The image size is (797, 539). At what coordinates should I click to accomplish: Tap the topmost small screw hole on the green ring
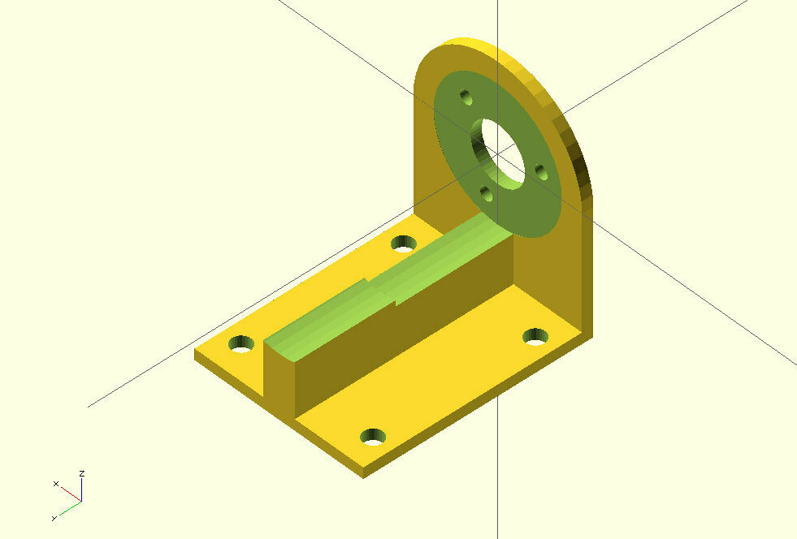[466, 97]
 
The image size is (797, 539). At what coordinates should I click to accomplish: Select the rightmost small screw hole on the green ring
[539, 170]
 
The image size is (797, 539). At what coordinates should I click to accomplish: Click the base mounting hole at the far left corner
[240, 343]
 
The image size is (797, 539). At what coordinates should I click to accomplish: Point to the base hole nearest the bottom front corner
[373, 437]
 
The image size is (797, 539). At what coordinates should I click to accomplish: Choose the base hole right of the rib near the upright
[534, 335]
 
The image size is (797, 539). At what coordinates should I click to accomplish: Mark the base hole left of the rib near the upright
[403, 243]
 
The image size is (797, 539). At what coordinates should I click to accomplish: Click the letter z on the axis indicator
[82, 472]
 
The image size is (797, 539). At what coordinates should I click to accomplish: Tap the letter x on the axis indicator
[56, 484]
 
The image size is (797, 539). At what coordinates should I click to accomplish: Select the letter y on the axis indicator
[54, 517]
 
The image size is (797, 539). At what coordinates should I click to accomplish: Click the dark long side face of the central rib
[406, 325]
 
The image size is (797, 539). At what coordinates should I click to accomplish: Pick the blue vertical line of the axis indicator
[82, 489]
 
